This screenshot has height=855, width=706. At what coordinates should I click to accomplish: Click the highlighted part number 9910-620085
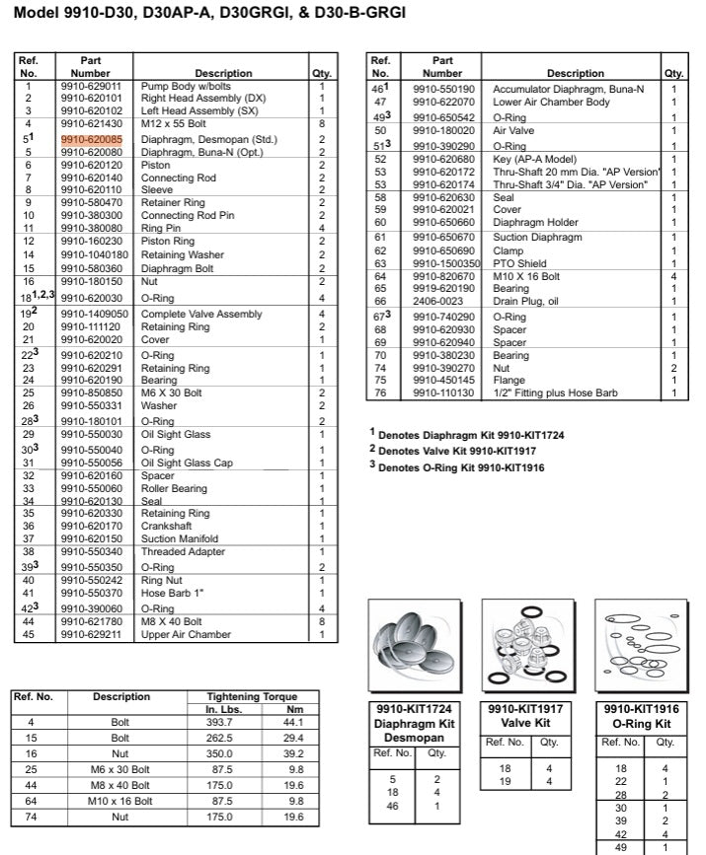[x=91, y=141]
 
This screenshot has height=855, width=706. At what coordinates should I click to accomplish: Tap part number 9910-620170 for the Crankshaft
[x=91, y=527]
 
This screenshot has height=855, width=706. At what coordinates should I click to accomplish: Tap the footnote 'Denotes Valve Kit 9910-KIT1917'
[x=458, y=450]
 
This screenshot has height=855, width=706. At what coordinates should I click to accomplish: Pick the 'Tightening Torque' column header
[x=251, y=696]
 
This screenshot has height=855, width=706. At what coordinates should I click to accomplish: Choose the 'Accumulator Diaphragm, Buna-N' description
[x=569, y=88]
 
